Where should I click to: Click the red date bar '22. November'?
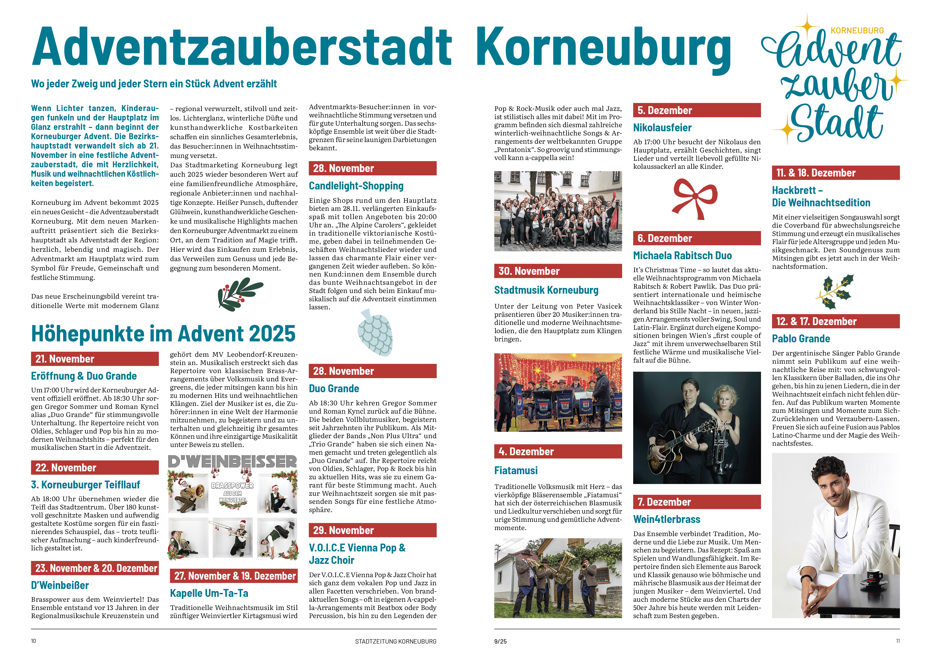pyautogui.click(x=94, y=468)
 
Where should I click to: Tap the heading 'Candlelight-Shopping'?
pyautogui.click(x=356, y=186)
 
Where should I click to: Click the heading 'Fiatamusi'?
pyautogui.click(x=516, y=470)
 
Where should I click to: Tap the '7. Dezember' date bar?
pyautogui.click(x=697, y=502)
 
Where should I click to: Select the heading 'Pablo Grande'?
pyautogui.click(x=801, y=339)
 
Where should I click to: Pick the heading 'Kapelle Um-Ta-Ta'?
pyautogui.click(x=209, y=593)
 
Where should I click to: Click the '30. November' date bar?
pyautogui.click(x=558, y=271)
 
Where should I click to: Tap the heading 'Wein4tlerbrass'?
pyautogui.click(x=667, y=519)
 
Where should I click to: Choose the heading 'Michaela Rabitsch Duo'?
pyautogui.click(x=682, y=256)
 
